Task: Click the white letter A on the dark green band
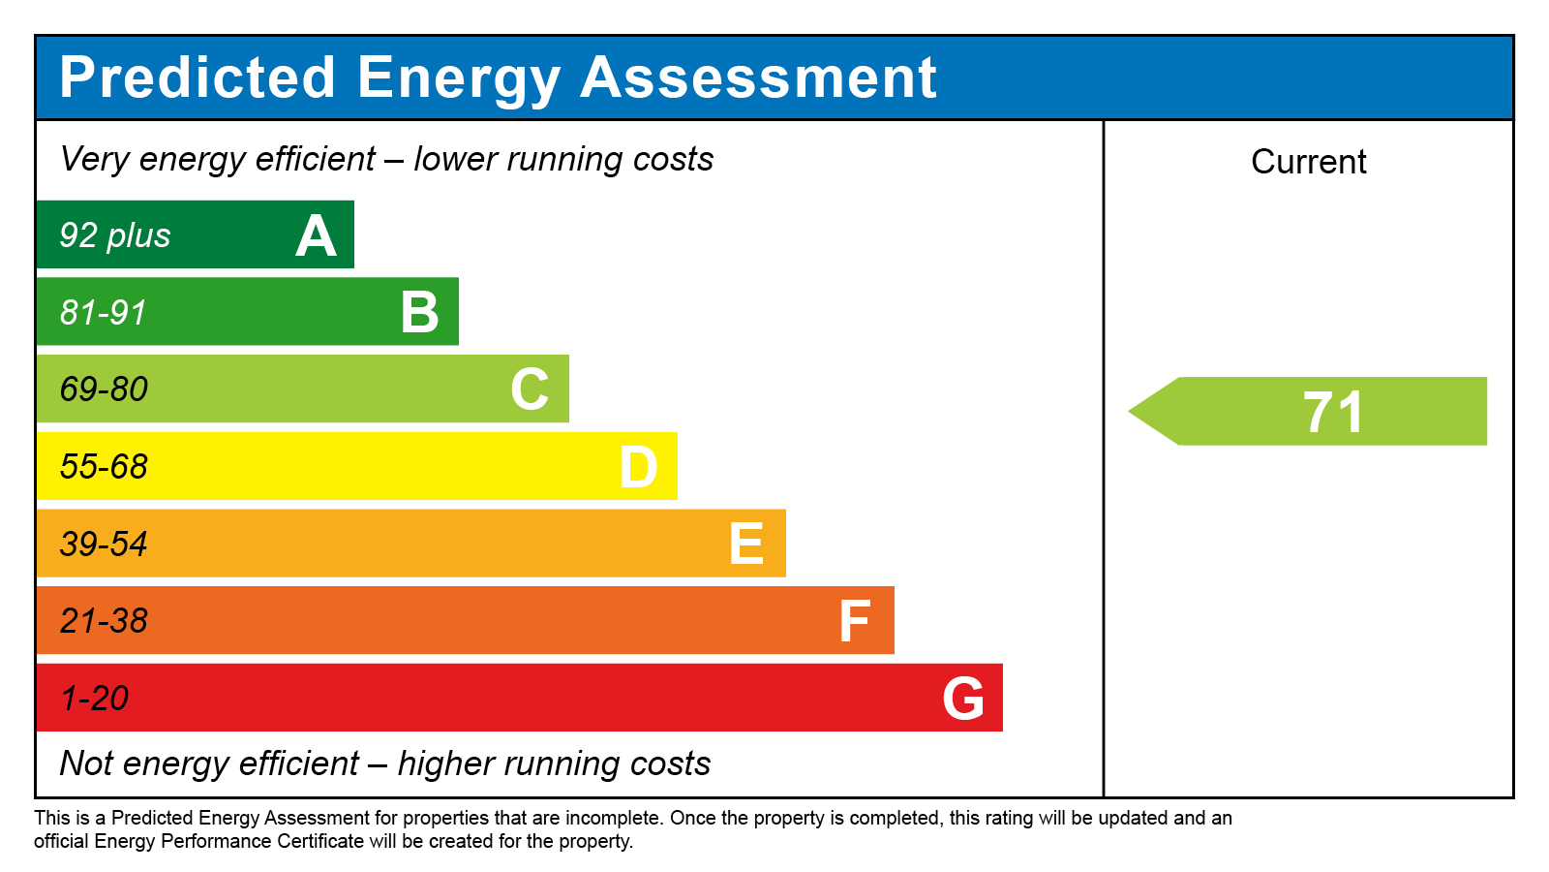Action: pyautogui.click(x=316, y=236)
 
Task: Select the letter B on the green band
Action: pyautogui.click(x=420, y=313)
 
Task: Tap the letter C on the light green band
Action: pyautogui.click(x=530, y=389)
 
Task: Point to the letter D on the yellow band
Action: pyautogui.click(x=639, y=467)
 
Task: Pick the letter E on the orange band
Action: pyautogui.click(x=746, y=544)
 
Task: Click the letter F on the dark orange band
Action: pyautogui.click(x=855, y=621)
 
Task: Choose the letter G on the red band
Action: pyautogui.click(x=963, y=699)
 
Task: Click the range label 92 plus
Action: pyautogui.click(x=115, y=235)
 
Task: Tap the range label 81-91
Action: pyautogui.click(x=103, y=313)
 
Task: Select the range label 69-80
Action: pyautogui.click(x=104, y=389)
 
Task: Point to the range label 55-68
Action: pyautogui.click(x=104, y=467)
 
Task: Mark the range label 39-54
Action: pyautogui.click(x=104, y=544)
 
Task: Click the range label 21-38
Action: pyautogui.click(x=104, y=621)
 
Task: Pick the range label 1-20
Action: pyautogui.click(x=94, y=699)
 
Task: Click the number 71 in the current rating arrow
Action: pyautogui.click(x=1333, y=412)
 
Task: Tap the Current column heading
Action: pyautogui.click(x=1308, y=162)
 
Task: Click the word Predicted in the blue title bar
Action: pyautogui.click(x=197, y=78)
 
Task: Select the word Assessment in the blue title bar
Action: pyautogui.click(x=758, y=78)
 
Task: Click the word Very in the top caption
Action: pyautogui.click(x=94, y=159)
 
